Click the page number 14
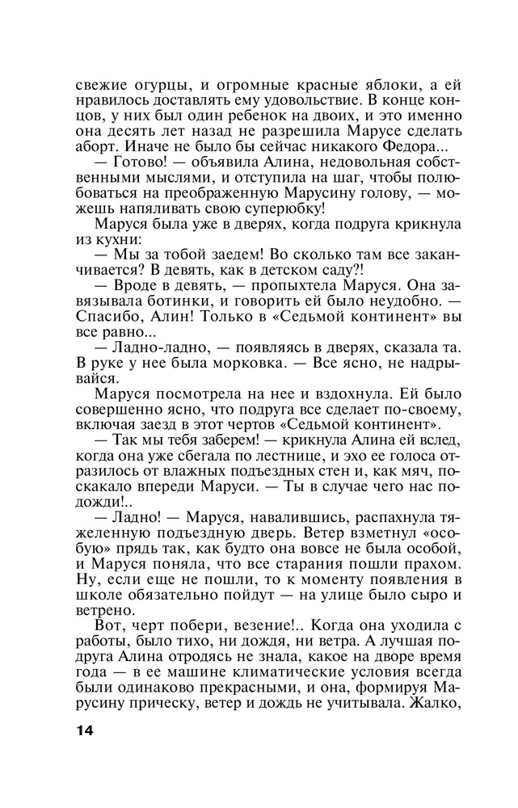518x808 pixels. coord(84,731)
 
